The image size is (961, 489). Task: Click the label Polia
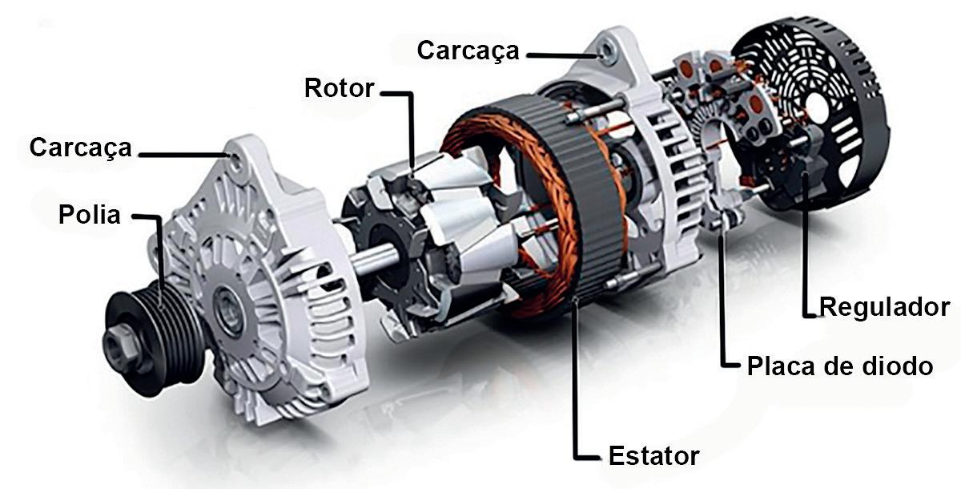click(x=89, y=215)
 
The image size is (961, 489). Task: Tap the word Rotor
click(x=339, y=88)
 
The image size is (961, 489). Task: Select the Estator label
click(x=653, y=455)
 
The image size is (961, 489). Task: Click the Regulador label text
click(x=884, y=307)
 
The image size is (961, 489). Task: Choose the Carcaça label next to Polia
click(x=80, y=148)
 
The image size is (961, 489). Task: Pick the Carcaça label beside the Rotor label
click(x=468, y=51)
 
